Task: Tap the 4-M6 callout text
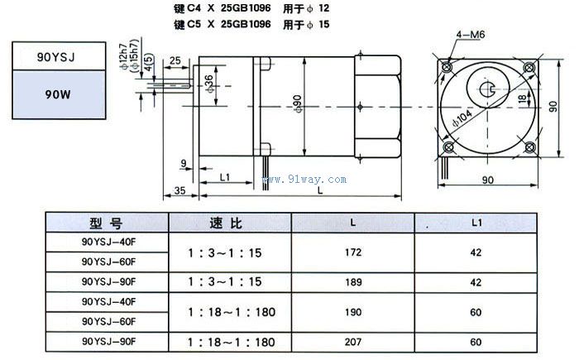470,34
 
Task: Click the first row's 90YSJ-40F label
108,242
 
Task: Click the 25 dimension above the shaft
176,60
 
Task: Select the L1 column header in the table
475,223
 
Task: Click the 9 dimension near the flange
181,162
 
